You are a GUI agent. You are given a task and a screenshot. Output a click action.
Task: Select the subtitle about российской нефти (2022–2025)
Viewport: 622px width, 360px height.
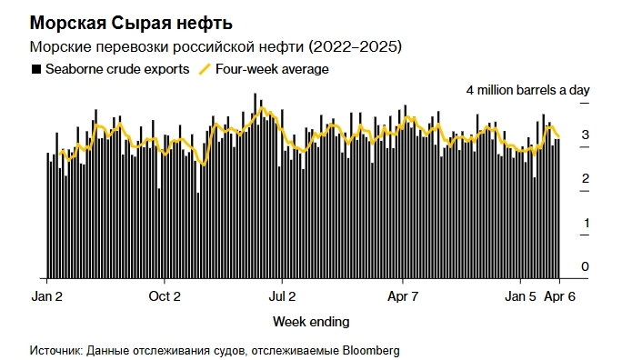pos(217,45)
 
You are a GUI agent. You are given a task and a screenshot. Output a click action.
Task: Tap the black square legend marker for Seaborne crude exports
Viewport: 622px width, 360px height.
pos(35,68)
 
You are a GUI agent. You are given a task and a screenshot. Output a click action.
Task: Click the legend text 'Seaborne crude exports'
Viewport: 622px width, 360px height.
pos(116,68)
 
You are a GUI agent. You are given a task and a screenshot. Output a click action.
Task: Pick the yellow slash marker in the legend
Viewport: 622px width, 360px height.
pos(206,68)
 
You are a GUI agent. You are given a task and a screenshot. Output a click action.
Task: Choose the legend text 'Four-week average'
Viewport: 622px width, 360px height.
pos(272,68)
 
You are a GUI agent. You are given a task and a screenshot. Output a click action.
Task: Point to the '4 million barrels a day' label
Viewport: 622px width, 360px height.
pos(528,90)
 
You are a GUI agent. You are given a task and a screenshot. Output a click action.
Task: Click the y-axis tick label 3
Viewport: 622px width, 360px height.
pos(586,135)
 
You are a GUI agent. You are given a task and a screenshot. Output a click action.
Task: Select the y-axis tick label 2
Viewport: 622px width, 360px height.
pos(586,179)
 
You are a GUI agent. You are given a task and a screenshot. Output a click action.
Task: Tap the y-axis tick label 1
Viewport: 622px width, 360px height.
pos(586,223)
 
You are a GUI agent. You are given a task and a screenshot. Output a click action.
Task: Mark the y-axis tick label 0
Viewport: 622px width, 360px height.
pos(586,266)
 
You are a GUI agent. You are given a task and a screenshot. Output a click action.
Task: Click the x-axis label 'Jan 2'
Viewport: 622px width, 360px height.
pos(46,295)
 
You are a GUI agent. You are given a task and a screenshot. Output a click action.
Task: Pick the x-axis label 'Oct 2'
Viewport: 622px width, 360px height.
pos(165,295)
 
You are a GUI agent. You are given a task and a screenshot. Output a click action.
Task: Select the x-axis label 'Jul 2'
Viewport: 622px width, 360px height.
pos(283,295)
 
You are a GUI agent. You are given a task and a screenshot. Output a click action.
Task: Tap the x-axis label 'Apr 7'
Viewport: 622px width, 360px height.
pos(403,295)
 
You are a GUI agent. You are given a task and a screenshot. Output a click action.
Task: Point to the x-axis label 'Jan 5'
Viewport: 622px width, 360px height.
pos(521,295)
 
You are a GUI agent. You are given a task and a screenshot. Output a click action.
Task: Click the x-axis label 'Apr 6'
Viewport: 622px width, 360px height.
pos(558,295)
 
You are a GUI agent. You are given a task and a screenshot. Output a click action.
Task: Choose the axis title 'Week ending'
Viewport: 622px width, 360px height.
pos(310,322)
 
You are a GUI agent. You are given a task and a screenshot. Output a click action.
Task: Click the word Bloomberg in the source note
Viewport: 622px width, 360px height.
pos(368,350)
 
